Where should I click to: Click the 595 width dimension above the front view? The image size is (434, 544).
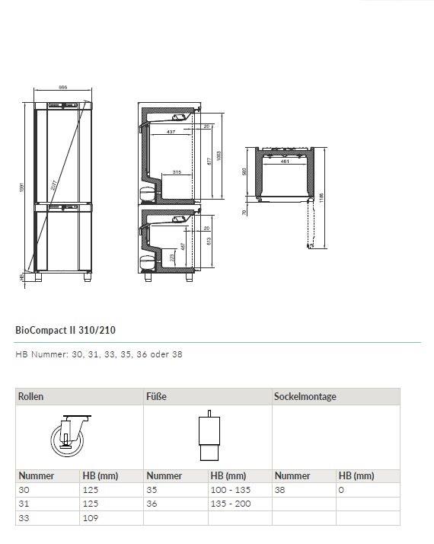tap(63, 88)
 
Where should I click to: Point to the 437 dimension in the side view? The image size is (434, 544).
tap(171, 133)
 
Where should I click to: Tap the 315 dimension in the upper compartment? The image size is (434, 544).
tap(176, 172)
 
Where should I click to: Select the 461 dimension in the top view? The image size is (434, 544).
tap(285, 162)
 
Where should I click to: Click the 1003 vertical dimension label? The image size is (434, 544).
tap(219, 157)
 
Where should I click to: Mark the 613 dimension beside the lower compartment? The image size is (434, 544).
tap(209, 242)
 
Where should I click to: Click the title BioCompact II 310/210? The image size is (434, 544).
tap(65, 331)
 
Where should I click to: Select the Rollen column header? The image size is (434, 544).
tap(31, 397)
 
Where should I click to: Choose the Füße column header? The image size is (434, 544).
tap(156, 397)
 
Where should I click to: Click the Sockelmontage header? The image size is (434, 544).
tap(305, 397)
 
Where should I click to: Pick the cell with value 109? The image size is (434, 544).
tap(90, 518)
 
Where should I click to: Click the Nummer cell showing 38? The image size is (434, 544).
tap(280, 491)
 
